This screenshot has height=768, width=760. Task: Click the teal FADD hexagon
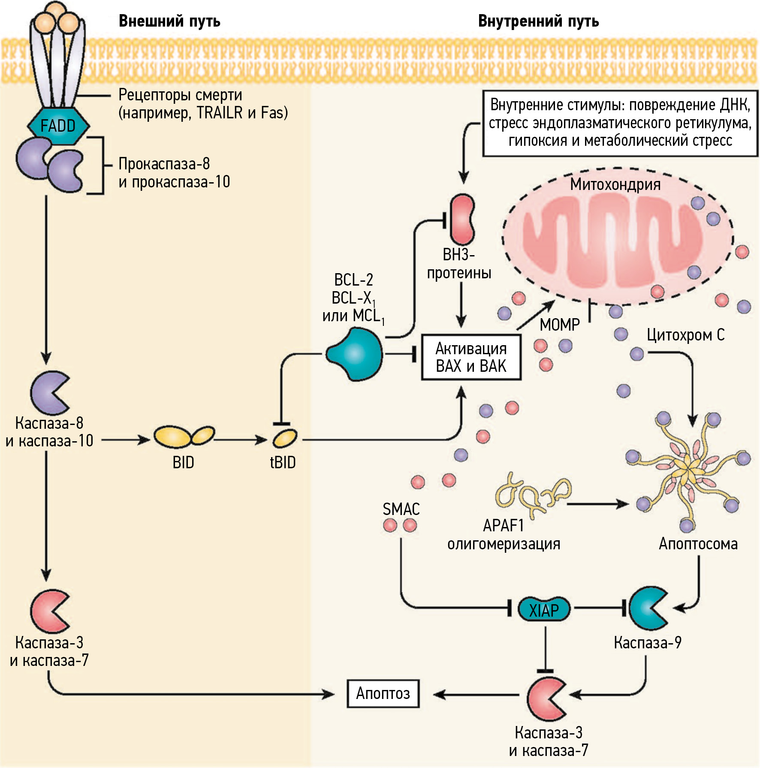58,126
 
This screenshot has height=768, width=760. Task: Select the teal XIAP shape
544,609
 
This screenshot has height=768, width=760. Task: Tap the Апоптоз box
383,693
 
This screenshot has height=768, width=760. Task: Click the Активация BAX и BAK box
471,357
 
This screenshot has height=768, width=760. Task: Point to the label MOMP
559,325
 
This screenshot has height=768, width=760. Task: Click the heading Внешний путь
169,21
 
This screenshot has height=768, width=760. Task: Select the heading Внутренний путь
538,21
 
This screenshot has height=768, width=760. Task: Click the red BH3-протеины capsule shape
462,219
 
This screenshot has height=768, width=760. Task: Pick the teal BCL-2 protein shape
354,354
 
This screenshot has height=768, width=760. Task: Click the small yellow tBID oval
285,439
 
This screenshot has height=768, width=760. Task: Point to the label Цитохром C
685,335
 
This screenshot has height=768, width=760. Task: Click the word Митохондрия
615,184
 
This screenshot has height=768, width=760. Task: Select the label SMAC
401,509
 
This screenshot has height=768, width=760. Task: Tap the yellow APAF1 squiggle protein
532,493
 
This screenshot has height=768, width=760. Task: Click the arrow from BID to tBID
240,440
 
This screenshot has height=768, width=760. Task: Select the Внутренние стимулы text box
620,123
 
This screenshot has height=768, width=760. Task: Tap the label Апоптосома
698,544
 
